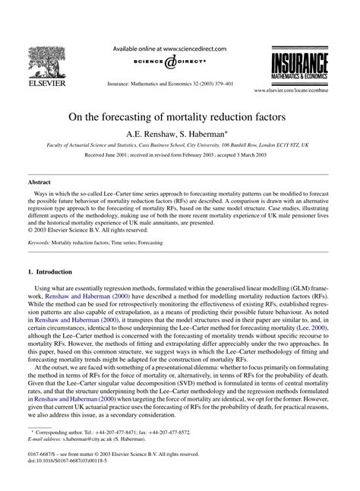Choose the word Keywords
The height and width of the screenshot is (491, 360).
click(x=39, y=242)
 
